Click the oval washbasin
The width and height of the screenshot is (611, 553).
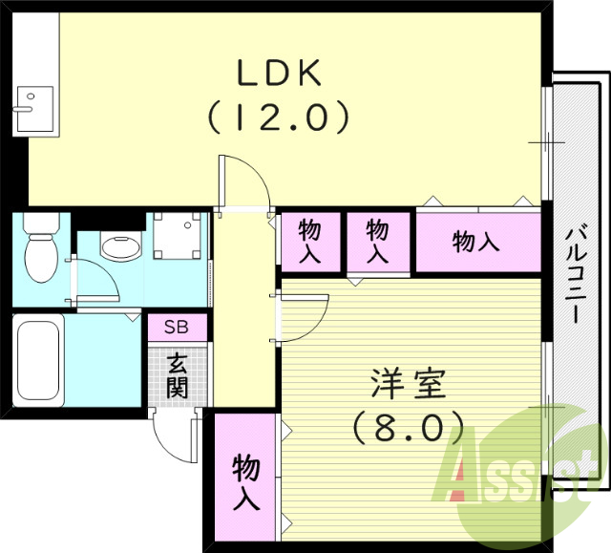tap(120, 248)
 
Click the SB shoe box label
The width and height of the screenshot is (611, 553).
tap(177, 327)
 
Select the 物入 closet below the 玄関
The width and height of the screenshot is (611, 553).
tap(245, 481)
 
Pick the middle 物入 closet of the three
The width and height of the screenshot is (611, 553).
tap(379, 242)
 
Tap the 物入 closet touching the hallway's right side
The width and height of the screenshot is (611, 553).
tap(309, 242)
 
